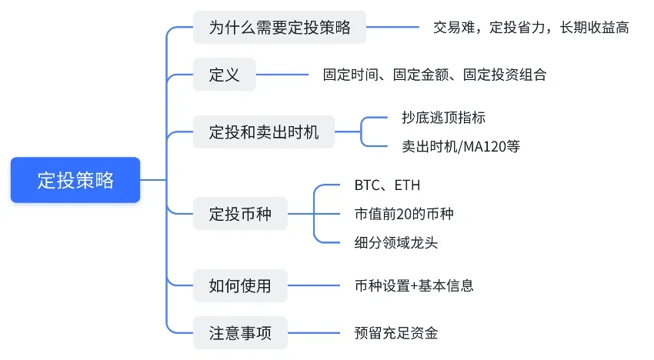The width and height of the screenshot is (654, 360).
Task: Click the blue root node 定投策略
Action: tap(75, 180)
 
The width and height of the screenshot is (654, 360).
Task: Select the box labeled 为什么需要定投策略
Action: tap(279, 28)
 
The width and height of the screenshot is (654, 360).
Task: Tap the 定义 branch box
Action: tap(224, 75)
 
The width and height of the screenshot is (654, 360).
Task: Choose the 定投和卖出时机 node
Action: tap(263, 132)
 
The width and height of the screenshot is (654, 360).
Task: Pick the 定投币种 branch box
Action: tap(239, 214)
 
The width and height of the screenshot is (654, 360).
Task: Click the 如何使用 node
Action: tap(239, 286)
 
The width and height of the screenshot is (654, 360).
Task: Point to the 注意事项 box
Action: tap(239, 334)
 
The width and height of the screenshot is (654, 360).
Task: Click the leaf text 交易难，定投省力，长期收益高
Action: tap(530, 28)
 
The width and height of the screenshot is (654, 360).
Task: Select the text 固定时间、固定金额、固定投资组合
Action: tap(435, 75)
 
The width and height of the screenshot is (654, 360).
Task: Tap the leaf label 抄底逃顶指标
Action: tap(443, 118)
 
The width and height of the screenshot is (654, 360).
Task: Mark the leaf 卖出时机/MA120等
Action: tap(460, 146)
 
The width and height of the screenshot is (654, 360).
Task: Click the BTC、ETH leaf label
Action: tap(387, 185)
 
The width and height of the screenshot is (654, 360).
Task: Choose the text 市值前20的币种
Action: tap(403, 214)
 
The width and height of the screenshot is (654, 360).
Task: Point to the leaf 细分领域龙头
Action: tap(395, 242)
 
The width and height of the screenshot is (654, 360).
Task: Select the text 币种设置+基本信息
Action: tap(413, 286)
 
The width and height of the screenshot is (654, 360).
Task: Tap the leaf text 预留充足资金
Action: tap(395, 334)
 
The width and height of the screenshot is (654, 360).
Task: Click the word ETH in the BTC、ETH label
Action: tap(407, 185)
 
